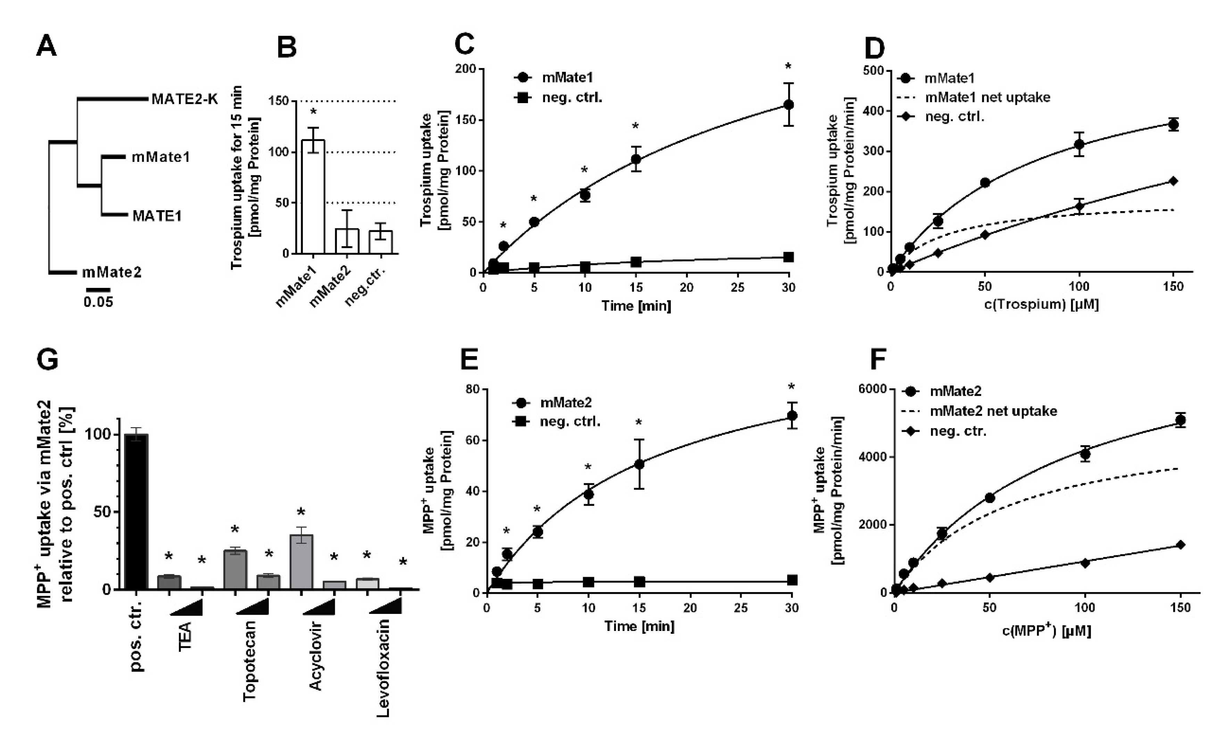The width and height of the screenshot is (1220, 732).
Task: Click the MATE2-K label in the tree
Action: (184, 99)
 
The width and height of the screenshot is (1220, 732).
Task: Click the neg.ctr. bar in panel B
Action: (381, 242)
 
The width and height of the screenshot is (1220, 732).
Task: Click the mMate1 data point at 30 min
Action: (788, 105)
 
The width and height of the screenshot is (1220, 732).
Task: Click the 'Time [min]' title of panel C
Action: (636, 306)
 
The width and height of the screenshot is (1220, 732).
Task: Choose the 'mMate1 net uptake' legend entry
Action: (987, 97)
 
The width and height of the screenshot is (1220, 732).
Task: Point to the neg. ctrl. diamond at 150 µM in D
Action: (1173, 181)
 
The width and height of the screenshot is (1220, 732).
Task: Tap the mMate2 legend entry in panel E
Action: (565, 402)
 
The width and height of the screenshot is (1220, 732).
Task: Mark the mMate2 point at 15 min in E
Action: (639, 464)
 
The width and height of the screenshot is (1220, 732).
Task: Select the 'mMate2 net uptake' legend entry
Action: (992, 411)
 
